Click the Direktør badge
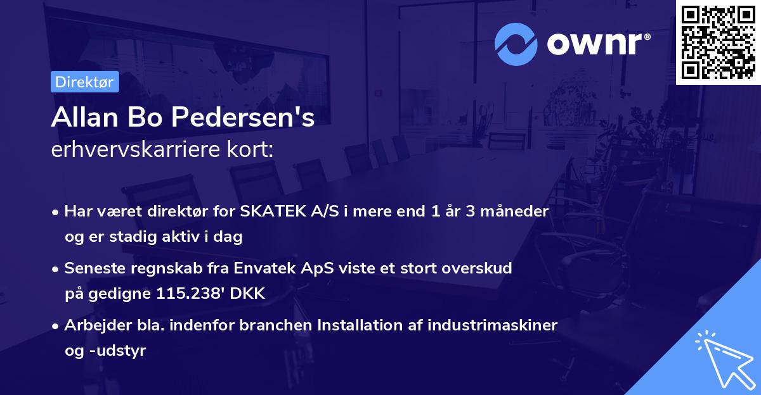click(x=84, y=82)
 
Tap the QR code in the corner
click(x=719, y=42)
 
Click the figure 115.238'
click(x=188, y=294)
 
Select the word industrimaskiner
click(x=492, y=325)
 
